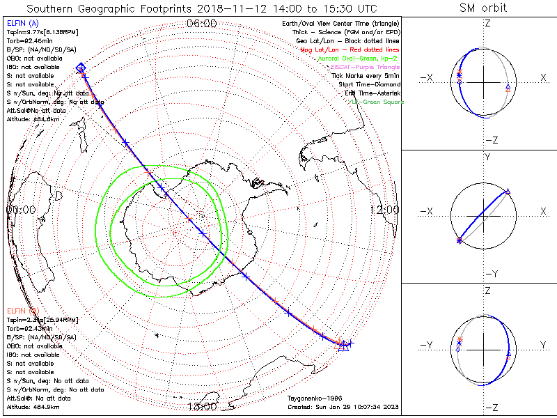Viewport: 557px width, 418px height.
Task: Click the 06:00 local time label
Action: tap(202, 24)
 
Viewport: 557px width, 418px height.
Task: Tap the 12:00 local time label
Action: tap(384, 209)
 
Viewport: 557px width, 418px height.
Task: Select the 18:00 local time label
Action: tap(202, 406)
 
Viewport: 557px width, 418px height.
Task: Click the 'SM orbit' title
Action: tap(483, 8)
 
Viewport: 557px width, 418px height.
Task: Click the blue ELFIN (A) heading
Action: tap(22, 23)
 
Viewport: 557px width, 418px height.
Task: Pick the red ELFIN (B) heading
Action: tap(22, 309)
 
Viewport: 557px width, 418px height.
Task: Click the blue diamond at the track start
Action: tap(81, 68)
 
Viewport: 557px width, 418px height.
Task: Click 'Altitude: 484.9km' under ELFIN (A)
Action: tap(32, 119)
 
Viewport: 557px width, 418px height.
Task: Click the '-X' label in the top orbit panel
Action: tap(427, 77)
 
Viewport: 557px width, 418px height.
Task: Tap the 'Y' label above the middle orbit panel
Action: tap(487, 157)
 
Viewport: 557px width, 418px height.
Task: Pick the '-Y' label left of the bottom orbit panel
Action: tap(427, 345)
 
